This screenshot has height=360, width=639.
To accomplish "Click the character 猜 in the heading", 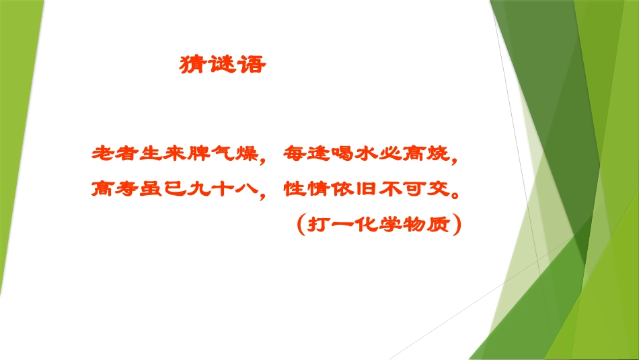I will point(194,65).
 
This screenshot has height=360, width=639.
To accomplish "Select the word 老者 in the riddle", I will point(111,153).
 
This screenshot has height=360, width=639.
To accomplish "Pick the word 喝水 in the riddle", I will point(337,153).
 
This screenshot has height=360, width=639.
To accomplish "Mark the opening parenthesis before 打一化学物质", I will point(300,223).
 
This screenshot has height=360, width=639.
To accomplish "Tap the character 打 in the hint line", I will point(317,223).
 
